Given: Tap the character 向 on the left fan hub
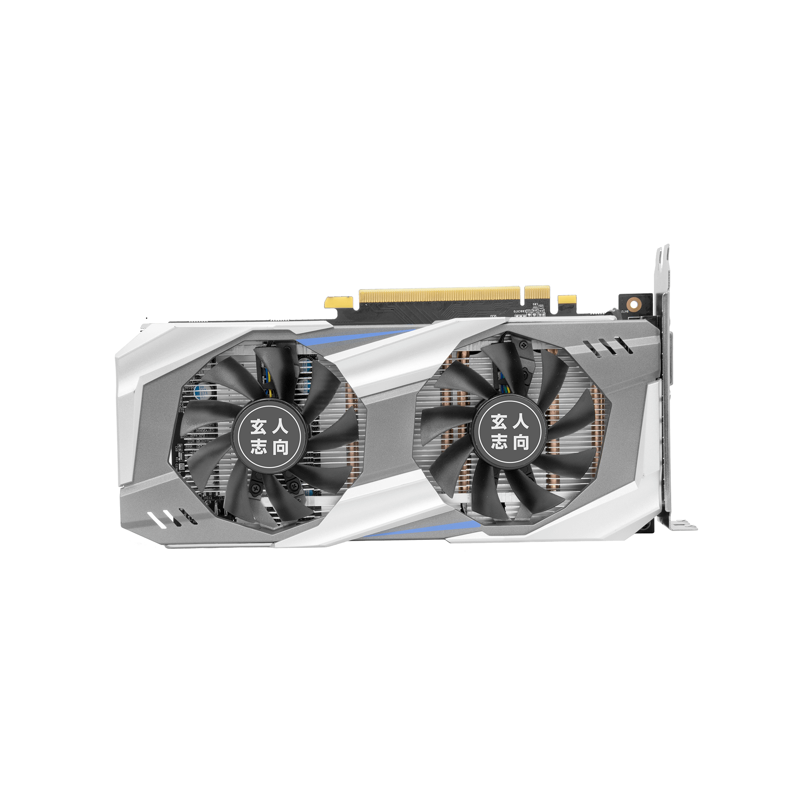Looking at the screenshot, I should (x=281, y=447).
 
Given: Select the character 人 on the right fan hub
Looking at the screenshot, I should (x=520, y=422).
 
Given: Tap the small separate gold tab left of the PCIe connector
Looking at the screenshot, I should (x=340, y=302).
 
